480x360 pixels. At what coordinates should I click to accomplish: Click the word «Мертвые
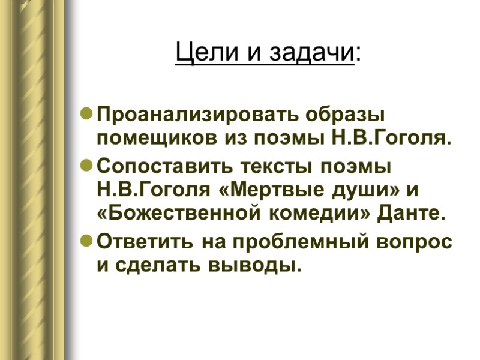[x=262, y=191]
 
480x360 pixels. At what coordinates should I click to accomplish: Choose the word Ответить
[x=143, y=242]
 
